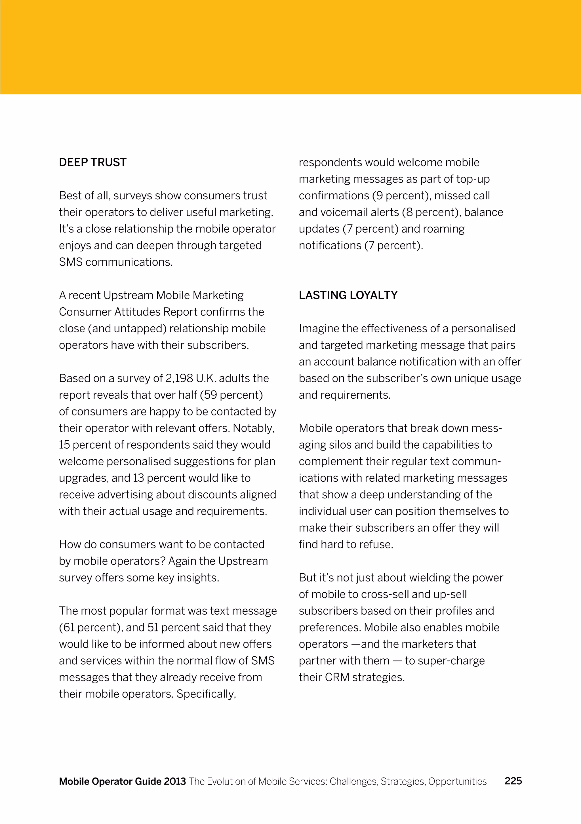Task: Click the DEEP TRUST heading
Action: pyautogui.click(x=93, y=162)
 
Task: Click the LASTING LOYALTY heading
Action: pyautogui.click(x=348, y=295)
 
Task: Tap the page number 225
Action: pyautogui.click(x=513, y=781)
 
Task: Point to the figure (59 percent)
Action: pyautogui.click(x=231, y=395)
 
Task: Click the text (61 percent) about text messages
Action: pyautogui.click(x=90, y=627)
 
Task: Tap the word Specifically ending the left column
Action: pyautogui.click(x=206, y=694)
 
